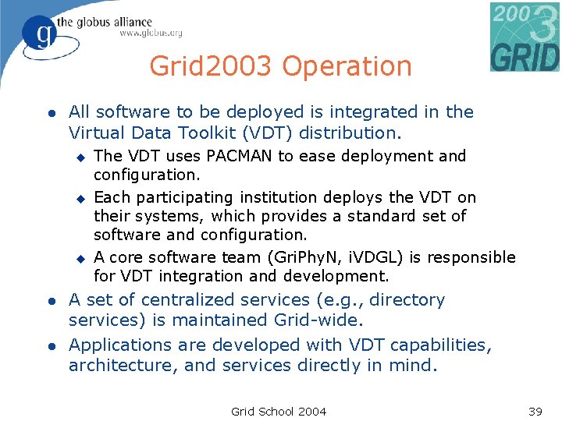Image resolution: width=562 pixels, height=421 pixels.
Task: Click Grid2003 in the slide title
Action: point(212,67)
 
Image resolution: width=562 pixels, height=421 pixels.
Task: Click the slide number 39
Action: point(535,411)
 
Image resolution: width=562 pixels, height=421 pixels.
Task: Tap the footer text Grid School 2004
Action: point(279,411)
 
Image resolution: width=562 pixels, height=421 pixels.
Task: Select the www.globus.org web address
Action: point(151,34)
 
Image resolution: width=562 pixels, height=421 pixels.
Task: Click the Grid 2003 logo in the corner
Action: point(525,37)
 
